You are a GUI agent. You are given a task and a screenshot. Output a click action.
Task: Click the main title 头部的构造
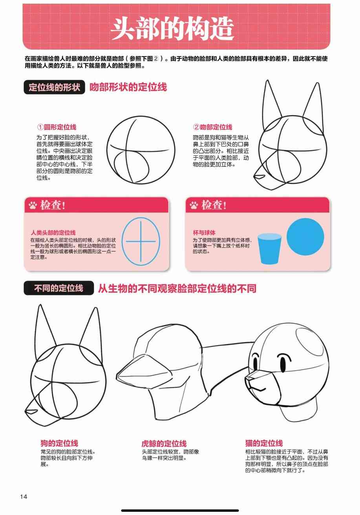[172, 29]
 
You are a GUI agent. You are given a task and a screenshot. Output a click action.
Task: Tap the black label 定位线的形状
[54, 87]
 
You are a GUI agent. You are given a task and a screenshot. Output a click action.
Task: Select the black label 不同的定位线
[59, 288]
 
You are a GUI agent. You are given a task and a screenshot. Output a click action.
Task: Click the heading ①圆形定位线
[57, 127]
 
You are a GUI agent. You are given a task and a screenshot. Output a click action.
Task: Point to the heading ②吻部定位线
[213, 127]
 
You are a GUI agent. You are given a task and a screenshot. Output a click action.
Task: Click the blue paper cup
[269, 249]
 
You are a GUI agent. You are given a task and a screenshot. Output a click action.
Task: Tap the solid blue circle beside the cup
[305, 237]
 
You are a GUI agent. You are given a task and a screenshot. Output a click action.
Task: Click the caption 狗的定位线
[59, 443]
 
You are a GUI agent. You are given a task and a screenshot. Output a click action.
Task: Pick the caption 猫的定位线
[264, 443]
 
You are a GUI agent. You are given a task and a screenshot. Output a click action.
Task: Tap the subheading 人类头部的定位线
[53, 233]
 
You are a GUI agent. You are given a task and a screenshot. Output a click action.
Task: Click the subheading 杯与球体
[204, 233]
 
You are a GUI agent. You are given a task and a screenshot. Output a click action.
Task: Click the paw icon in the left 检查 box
[33, 205]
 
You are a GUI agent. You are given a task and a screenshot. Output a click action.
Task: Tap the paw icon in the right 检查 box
[194, 205]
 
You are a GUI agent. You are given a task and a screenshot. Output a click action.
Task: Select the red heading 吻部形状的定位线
[128, 87]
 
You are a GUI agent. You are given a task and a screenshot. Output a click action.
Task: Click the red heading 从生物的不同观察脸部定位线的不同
[177, 288]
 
